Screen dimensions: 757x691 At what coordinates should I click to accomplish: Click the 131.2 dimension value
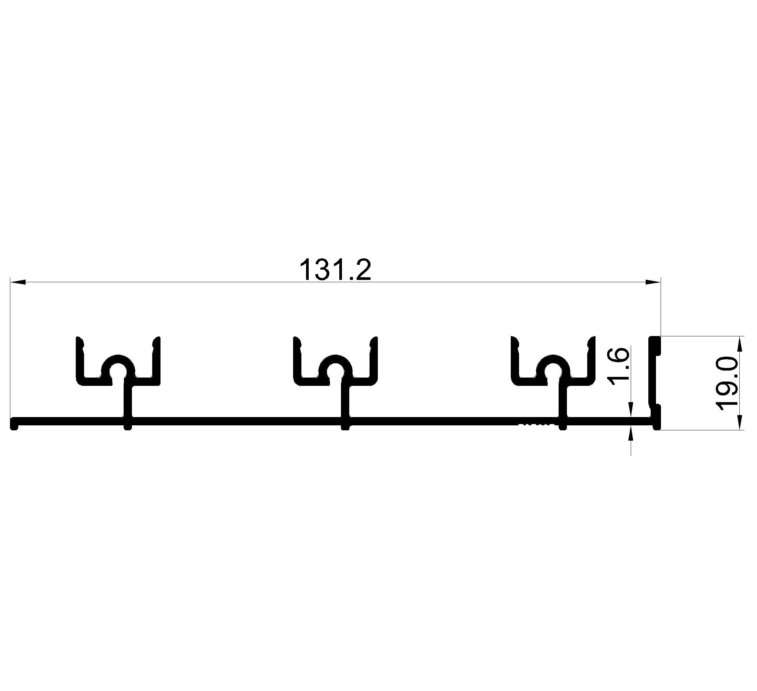335,270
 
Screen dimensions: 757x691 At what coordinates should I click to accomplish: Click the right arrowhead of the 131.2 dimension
652,282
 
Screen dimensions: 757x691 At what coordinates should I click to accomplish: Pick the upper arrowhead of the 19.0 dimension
740,344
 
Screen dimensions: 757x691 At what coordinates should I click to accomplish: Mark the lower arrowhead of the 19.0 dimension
740,422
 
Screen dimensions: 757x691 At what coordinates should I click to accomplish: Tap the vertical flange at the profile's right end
655,383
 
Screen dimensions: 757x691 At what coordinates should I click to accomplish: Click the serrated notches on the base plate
536,425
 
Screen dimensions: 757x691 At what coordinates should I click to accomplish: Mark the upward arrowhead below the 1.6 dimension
631,438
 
